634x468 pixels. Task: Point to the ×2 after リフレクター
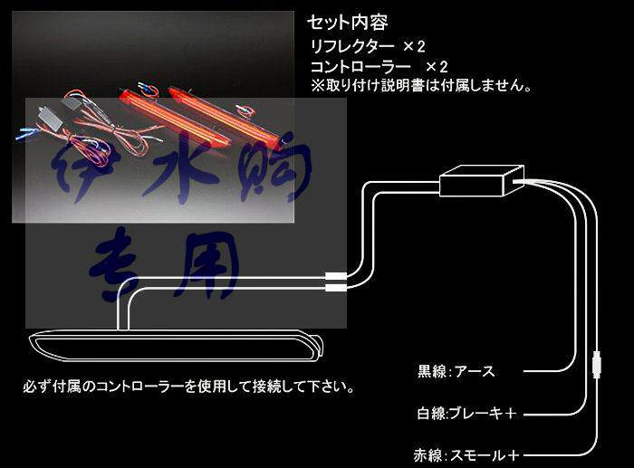click(414, 45)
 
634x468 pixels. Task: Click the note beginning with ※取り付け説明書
click(420, 87)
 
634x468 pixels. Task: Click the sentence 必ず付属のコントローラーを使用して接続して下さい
click(187, 387)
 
